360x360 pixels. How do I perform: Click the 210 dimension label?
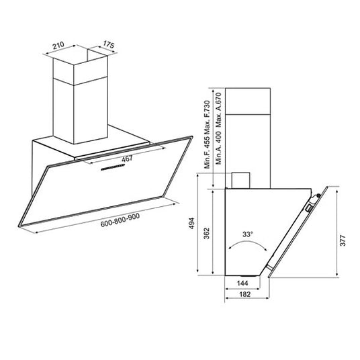click(x=58, y=45)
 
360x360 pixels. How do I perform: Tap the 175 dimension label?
click(x=108, y=44)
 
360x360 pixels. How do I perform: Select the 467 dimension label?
click(x=127, y=159)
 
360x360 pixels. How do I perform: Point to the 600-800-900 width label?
click(x=120, y=220)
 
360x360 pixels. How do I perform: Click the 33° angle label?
click(x=247, y=234)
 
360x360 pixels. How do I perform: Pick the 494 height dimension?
click(x=191, y=223)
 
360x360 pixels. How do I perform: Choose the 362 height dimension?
click(x=207, y=233)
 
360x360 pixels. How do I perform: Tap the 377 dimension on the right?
click(x=343, y=240)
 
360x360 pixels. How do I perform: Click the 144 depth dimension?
click(x=242, y=283)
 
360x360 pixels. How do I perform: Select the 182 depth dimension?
click(x=245, y=294)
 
